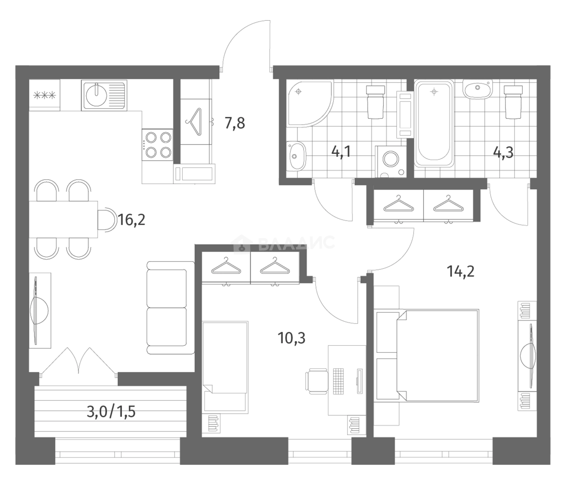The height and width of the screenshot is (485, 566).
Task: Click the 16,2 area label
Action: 131,220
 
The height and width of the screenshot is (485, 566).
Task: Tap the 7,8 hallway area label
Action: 235,123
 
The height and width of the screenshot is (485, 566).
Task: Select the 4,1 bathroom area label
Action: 341,152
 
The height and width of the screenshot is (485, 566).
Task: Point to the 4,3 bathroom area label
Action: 503,153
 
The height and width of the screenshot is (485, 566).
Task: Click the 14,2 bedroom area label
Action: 460,272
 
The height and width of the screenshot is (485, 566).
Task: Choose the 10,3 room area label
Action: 292,338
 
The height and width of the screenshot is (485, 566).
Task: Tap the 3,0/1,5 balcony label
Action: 111,411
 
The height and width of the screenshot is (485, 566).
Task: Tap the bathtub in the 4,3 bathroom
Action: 434,123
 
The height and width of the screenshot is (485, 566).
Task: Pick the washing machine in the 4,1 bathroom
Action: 390,162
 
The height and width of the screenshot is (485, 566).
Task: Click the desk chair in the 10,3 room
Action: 317,381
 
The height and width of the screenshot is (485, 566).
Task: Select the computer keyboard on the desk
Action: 339,381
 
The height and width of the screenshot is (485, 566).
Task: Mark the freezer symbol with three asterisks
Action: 44,95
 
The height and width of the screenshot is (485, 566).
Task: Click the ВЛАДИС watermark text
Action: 296,243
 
